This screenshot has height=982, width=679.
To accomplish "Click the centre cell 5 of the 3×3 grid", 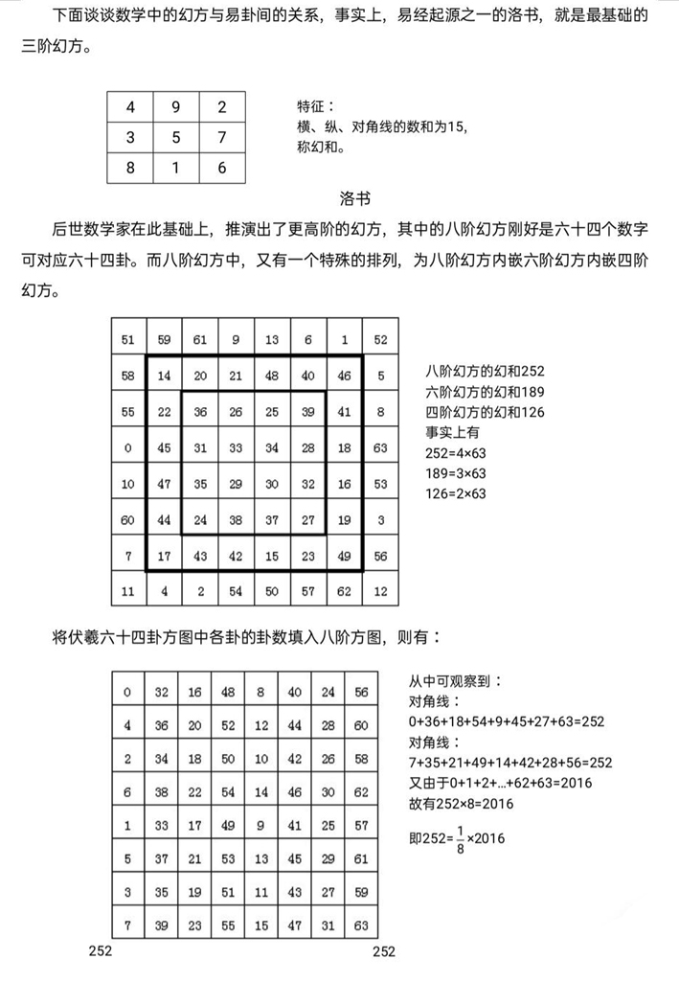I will [176, 137].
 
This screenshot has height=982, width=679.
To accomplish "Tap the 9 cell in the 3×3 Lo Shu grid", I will [176, 106].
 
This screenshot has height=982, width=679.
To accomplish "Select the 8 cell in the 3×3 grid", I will [130, 168].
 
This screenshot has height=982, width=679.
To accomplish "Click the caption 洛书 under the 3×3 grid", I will [354, 199].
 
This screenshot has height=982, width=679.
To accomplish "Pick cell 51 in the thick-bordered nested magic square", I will [128, 339].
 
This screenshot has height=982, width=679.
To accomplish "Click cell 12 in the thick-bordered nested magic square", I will [380, 591].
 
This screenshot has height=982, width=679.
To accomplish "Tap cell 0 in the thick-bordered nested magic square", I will [128, 447].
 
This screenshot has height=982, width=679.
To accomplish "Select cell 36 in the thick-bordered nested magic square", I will [200, 411].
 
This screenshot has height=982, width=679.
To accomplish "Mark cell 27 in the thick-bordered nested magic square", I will [308, 519].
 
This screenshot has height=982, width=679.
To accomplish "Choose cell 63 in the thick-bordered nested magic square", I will [380, 447].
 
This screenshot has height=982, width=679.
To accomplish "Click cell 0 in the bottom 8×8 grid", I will [128, 692].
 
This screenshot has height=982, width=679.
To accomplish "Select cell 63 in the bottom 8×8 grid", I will [360, 925].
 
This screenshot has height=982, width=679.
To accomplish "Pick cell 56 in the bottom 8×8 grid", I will [360, 692].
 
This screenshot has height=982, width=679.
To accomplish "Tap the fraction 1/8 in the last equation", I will [460, 837].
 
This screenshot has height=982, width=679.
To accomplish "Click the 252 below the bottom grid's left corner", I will [101, 951].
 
